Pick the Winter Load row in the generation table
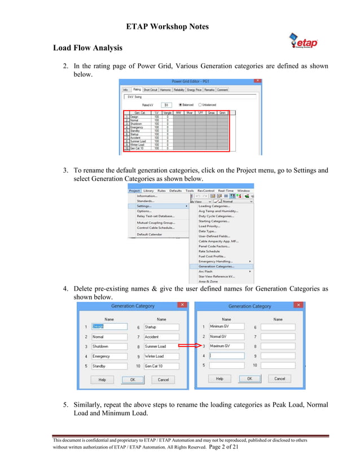[138, 144]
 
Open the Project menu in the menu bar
[134, 191]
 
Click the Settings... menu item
[144, 206]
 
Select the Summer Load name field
[161, 346]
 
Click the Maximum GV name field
[226, 346]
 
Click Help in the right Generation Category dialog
[219, 379]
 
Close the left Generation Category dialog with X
[182, 305]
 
